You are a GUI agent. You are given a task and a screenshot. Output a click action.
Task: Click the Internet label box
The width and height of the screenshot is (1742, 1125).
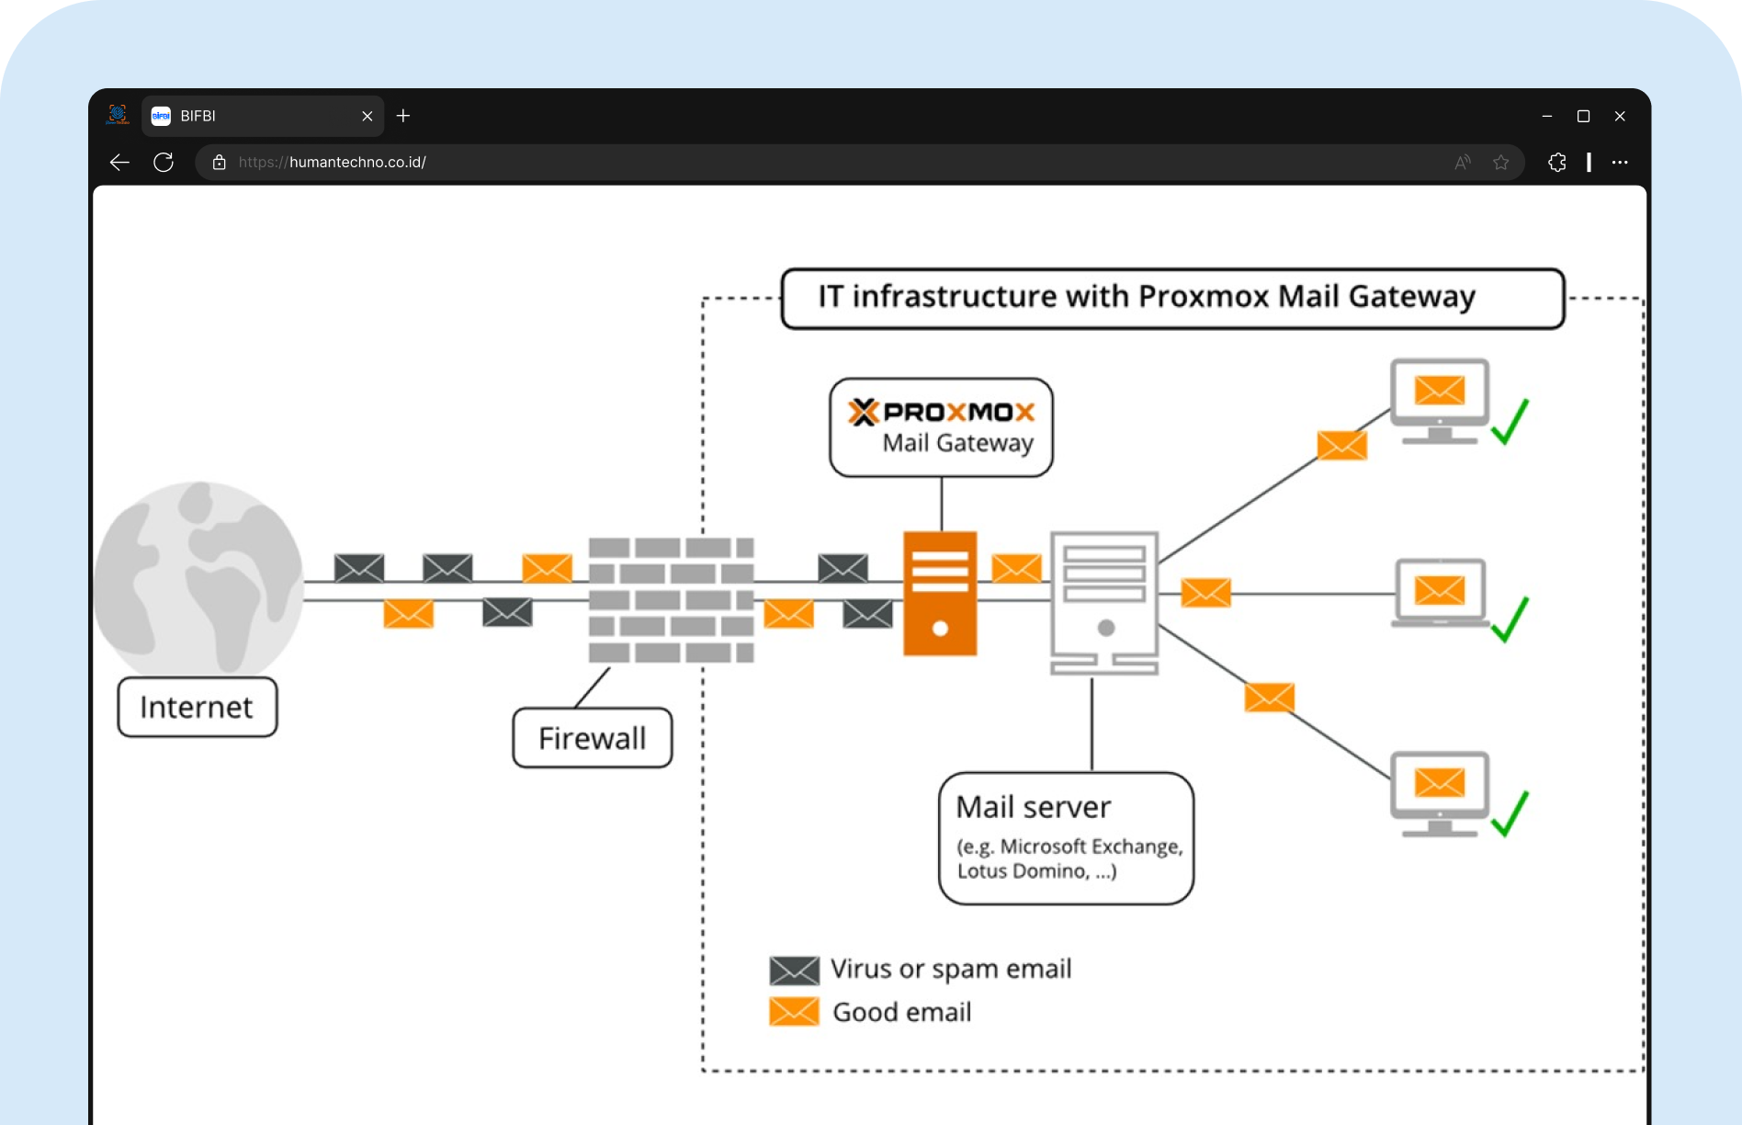pyautogui.click(x=197, y=707)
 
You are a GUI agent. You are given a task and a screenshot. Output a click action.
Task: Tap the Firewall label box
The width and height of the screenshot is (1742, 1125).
pyautogui.click(x=592, y=738)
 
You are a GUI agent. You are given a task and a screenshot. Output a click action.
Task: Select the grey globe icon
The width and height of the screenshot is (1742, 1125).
pyautogui.click(x=198, y=579)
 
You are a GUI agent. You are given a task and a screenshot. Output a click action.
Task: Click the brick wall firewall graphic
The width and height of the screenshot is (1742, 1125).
pyautogui.click(x=671, y=599)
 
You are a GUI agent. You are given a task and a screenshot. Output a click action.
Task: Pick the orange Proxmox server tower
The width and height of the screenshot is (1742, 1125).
pyautogui.click(x=939, y=594)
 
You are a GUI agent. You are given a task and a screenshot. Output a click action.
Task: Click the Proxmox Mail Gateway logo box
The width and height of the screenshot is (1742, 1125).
pyautogui.click(x=941, y=427)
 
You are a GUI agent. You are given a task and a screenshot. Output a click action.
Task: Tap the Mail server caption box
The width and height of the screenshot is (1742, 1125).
pyautogui.click(x=1066, y=838)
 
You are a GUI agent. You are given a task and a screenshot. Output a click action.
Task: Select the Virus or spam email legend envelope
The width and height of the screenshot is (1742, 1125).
pyautogui.click(x=794, y=970)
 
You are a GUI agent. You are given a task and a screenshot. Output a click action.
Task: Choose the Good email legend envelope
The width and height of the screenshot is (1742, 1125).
pyautogui.click(x=794, y=1012)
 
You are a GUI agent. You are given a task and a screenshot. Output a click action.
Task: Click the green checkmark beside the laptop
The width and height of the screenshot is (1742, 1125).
pyautogui.click(x=1510, y=619)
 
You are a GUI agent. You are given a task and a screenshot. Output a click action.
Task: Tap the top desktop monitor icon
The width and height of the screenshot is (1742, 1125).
pyautogui.click(x=1439, y=401)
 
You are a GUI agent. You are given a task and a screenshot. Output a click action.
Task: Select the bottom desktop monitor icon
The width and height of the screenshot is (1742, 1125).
pyautogui.click(x=1439, y=793)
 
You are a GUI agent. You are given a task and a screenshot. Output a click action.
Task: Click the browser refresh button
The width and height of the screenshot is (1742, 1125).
pyautogui.click(x=164, y=163)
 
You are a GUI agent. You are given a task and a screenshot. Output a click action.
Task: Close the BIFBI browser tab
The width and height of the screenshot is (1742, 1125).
pyautogui.click(x=367, y=117)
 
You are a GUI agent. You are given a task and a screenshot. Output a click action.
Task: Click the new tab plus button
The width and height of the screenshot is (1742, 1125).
pyautogui.click(x=403, y=116)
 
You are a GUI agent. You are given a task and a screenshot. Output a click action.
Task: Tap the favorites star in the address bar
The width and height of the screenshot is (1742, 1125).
pyautogui.click(x=1500, y=163)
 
